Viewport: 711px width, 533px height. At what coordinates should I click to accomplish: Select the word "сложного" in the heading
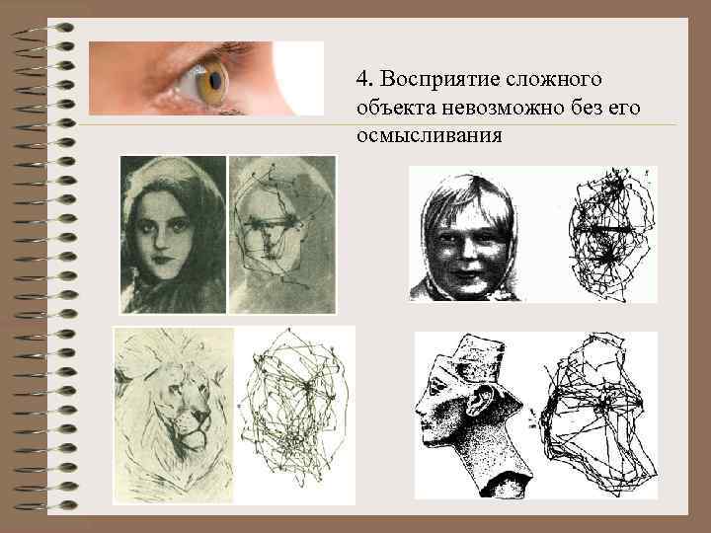(553, 80)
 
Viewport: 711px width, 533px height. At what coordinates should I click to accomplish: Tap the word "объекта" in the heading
(395, 109)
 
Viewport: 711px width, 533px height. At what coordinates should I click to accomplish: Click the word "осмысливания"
(429, 136)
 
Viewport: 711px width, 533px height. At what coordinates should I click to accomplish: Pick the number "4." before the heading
(364, 80)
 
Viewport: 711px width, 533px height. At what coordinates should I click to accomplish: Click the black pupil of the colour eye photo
(216, 82)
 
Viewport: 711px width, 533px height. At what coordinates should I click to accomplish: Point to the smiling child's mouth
(467, 274)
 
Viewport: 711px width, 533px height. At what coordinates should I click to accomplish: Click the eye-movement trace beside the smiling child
(611, 236)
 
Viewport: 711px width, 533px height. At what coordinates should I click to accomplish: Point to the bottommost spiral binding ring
(45, 505)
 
